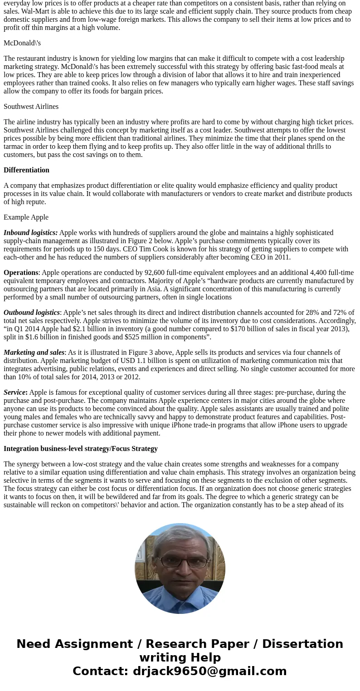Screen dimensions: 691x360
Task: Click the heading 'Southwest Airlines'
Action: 31,107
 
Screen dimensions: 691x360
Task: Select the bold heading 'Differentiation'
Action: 26,170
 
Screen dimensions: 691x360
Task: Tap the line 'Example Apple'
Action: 26,217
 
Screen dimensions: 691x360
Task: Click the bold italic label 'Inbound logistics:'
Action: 30,233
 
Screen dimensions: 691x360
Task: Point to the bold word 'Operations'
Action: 21,273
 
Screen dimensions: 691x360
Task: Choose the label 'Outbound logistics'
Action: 32,313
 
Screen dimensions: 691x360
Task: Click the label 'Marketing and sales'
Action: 34,353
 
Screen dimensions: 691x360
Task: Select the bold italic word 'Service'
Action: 15,392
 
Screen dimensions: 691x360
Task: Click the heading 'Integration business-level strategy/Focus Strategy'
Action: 81,449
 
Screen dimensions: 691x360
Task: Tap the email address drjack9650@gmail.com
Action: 209,671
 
